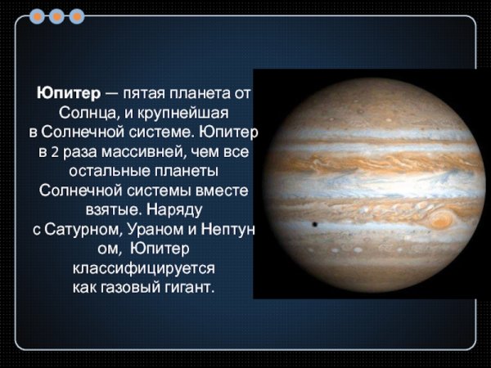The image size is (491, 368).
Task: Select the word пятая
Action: pyautogui.click(x=145, y=93)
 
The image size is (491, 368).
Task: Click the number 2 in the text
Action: pyautogui.click(x=54, y=153)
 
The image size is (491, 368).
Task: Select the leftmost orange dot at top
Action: pyautogui.click(x=37, y=16)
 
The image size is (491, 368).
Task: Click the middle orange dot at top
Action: pyautogui.click(x=57, y=16)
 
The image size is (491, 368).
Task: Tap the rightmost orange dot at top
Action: pyautogui.click(x=77, y=16)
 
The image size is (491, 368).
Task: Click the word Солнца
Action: pyautogui.click(x=86, y=112)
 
